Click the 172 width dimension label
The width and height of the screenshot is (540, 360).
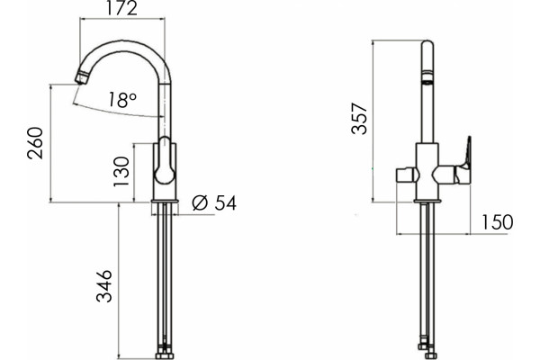pos(121,8)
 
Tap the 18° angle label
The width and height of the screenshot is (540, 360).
pos(121,100)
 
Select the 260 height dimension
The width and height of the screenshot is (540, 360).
pos(35,143)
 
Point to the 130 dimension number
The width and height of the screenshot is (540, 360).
pos(121,172)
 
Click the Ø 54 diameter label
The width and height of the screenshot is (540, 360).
pos(214,202)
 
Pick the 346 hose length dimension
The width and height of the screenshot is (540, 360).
pos(104,286)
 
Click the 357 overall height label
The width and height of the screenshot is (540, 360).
pos(359,118)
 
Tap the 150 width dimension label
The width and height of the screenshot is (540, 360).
pos(497,222)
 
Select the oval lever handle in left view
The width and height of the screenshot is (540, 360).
pos(165,160)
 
